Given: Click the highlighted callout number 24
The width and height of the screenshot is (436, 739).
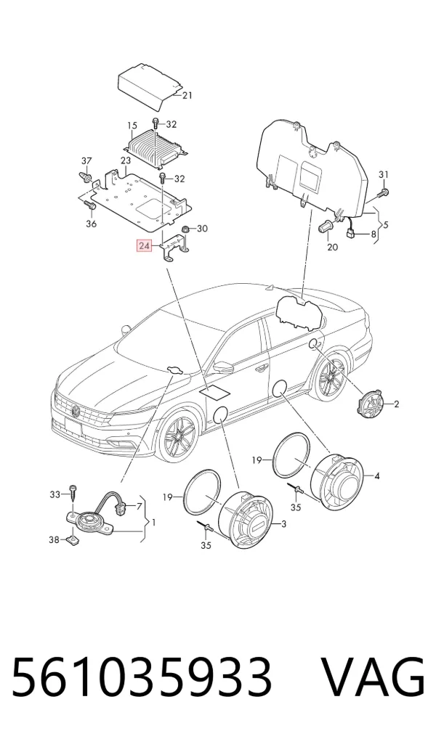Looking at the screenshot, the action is [x=144, y=245].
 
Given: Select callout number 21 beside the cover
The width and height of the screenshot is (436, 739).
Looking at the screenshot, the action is [x=187, y=96].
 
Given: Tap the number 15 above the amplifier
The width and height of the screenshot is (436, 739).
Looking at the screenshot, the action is [x=132, y=126].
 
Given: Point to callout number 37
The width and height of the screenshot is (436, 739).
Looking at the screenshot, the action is [x=86, y=161].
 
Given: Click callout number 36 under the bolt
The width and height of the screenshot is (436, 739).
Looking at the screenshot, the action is [x=92, y=224].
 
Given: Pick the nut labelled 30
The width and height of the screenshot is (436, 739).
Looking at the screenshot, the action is [x=186, y=229].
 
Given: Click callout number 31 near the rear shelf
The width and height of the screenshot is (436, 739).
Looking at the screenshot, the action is [x=384, y=175].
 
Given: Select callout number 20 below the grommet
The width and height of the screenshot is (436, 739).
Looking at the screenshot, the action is [x=333, y=247].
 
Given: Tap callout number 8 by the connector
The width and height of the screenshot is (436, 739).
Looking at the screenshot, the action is [x=374, y=234].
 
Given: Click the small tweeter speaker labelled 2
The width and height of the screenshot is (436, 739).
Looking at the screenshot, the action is [x=372, y=404].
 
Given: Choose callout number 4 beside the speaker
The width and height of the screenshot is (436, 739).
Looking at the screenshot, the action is [x=377, y=476].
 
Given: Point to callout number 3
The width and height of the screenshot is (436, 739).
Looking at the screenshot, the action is [x=283, y=523].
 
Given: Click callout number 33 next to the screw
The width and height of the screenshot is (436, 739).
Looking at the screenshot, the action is [x=55, y=494].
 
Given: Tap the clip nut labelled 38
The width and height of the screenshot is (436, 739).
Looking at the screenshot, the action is [x=72, y=538].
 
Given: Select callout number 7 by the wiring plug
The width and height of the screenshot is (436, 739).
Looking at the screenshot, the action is [x=140, y=507].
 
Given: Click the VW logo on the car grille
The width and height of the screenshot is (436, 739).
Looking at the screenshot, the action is [x=75, y=411].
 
